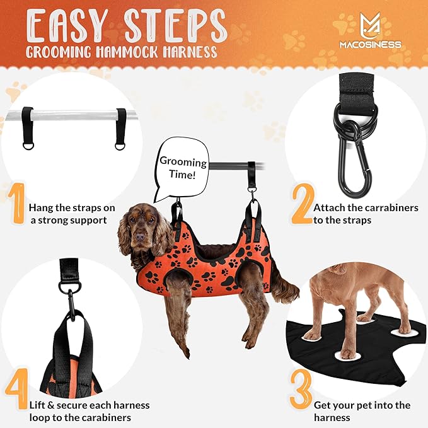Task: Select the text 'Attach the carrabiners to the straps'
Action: pyautogui.click(x=366, y=215)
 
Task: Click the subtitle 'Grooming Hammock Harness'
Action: pyautogui.click(x=121, y=52)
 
